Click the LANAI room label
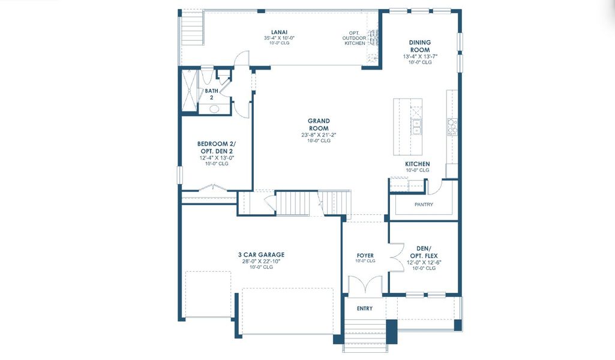(x=276, y=31)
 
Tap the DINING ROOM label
(x=420, y=46)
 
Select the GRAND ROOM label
(x=319, y=124)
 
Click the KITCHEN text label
(x=417, y=164)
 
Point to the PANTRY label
(x=424, y=205)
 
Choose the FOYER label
(x=365, y=256)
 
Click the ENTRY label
(x=364, y=308)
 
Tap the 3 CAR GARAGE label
(x=261, y=254)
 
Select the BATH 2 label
(x=211, y=94)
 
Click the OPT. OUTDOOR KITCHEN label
(x=354, y=38)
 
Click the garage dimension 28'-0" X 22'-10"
(x=261, y=261)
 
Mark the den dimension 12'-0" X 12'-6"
(x=423, y=262)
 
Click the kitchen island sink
(x=416, y=127)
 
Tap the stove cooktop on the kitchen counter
(x=452, y=127)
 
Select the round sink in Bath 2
(x=214, y=109)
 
